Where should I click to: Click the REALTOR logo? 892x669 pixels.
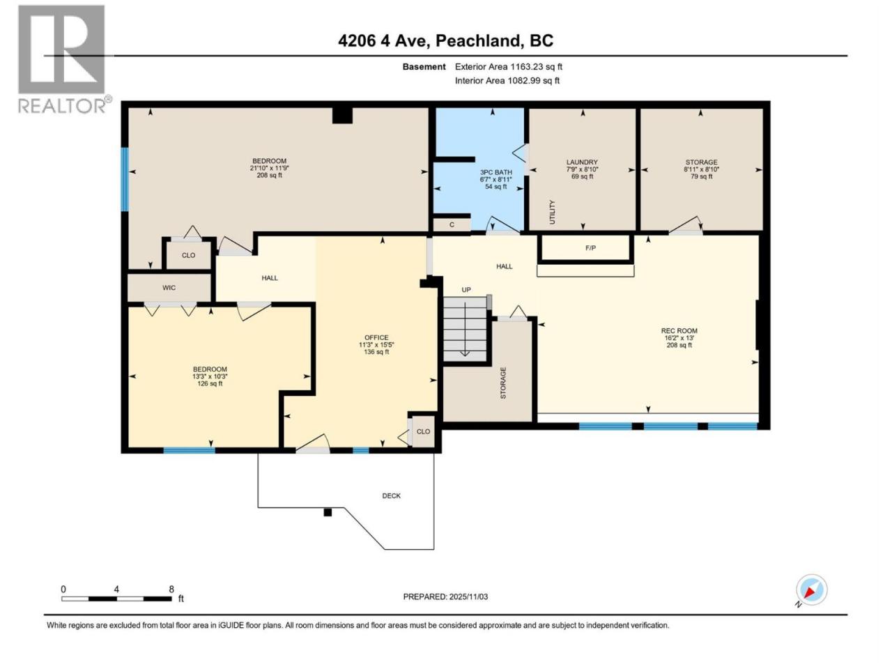click(63, 60)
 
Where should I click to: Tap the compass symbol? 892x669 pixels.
click(811, 590)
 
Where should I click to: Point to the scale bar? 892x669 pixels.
click(116, 599)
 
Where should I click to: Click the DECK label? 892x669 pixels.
click(391, 495)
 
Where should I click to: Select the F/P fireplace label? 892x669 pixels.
click(590, 248)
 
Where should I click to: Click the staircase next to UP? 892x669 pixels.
click(465, 328)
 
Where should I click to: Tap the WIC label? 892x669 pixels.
click(169, 288)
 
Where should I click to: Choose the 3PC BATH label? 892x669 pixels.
click(495, 172)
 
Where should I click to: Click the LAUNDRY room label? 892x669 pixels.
click(582, 162)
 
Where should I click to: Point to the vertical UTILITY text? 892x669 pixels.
click(552, 212)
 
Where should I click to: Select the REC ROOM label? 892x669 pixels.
click(679, 330)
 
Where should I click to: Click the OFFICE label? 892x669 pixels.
click(376, 337)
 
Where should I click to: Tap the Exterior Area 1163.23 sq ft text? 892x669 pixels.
click(509, 67)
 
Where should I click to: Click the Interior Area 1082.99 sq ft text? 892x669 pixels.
click(507, 80)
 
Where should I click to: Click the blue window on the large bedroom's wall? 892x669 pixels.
click(125, 179)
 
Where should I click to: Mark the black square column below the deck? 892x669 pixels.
click(328, 513)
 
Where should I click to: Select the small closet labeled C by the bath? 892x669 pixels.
click(452, 224)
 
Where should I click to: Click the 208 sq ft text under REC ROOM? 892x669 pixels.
click(679, 345)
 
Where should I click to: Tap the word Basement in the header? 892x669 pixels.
click(424, 67)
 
